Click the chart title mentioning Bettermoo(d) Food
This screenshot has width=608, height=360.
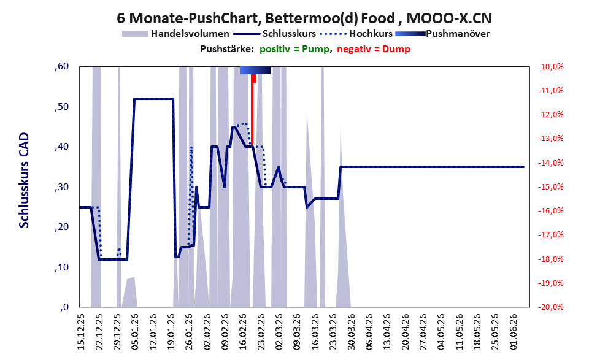point(304,18)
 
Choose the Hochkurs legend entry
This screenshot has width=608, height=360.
point(356,34)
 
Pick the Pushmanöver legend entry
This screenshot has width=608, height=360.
point(442,34)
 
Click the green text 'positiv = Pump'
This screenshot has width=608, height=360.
point(294,49)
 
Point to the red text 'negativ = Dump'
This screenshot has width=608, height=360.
point(374,49)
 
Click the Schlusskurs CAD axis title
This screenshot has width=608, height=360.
point(24,180)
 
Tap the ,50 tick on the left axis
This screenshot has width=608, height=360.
point(61,106)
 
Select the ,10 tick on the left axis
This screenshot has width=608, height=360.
point(61,267)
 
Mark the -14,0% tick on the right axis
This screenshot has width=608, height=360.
point(550,163)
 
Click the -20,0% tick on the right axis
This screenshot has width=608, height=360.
point(550,307)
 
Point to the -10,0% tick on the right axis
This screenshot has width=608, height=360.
point(550,67)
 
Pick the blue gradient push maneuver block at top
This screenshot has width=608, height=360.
point(255,70)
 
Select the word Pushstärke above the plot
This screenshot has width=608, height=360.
point(227,49)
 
